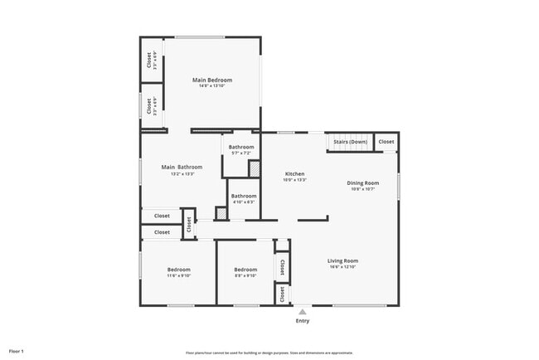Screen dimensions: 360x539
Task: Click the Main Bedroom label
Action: pyautogui.click(x=212, y=80)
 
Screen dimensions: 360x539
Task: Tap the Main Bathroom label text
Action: pyautogui.click(x=182, y=167)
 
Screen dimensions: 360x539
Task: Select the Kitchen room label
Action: pyautogui.click(x=294, y=173)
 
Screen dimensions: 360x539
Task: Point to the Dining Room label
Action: pyautogui.click(x=363, y=182)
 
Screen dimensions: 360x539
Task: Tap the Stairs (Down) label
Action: pyautogui.click(x=350, y=142)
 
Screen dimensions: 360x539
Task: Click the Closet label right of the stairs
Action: pyautogui.click(x=386, y=142)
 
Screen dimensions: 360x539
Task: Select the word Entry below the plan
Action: pyautogui.click(x=302, y=321)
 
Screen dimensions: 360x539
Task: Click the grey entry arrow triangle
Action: pyautogui.click(x=302, y=312)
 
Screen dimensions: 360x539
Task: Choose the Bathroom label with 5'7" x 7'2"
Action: pyautogui.click(x=242, y=147)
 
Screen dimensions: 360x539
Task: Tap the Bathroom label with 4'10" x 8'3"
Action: pyautogui.click(x=243, y=196)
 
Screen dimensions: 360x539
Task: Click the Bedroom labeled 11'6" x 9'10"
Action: pyautogui.click(x=178, y=270)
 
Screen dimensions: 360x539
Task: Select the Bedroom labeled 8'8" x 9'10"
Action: pyautogui.click(x=245, y=270)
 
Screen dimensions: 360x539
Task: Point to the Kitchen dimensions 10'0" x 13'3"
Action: pyautogui.click(x=294, y=179)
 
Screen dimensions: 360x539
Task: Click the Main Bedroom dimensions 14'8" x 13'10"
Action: pyautogui.click(x=212, y=85)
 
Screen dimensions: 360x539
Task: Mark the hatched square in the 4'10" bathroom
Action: pyautogui.click(x=221, y=213)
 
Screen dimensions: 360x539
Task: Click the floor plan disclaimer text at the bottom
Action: pyautogui.click(x=269, y=353)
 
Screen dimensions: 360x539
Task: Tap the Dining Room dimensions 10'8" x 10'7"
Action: pyautogui.click(x=363, y=188)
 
